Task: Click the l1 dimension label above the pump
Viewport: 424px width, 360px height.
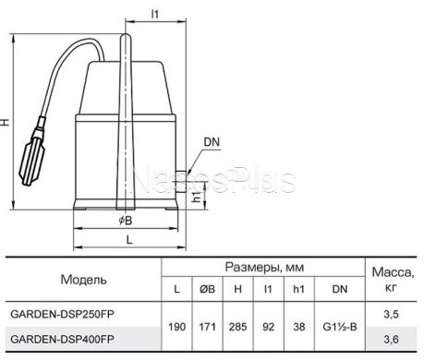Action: pyautogui.click(x=155, y=14)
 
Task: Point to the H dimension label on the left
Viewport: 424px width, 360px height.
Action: pyautogui.click(x=6, y=122)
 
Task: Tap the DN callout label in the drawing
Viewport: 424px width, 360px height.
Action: pyautogui.click(x=212, y=142)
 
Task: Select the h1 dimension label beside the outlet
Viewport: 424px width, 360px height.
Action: pyautogui.click(x=197, y=197)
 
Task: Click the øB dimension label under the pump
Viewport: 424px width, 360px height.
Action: pyautogui.click(x=126, y=221)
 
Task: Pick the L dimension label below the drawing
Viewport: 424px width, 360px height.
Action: pyautogui.click(x=129, y=240)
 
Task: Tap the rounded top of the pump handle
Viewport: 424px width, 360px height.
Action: pyautogui.click(x=126, y=38)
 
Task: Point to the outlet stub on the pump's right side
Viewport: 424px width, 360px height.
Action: pyautogui.click(x=180, y=182)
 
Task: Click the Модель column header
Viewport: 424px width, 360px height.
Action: pyautogui.click(x=84, y=280)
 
